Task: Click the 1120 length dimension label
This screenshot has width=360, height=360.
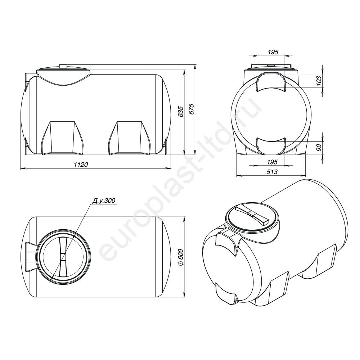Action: coord(81,165)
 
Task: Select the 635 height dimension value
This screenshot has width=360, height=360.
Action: coord(181,112)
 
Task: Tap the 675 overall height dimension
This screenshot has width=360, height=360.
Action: coord(192,109)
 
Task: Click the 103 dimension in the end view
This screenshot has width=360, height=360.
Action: coord(319,81)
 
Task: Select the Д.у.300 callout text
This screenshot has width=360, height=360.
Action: coord(104,201)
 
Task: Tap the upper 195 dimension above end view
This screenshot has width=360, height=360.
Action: coord(273,52)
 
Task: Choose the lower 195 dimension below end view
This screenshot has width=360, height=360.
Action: coord(273,162)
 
